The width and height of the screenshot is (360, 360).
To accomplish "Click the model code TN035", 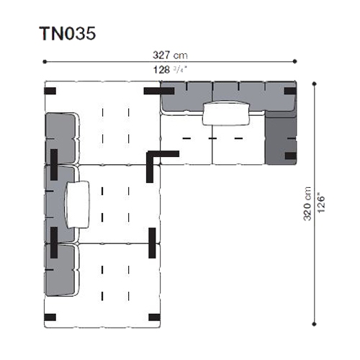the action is coord(68,33).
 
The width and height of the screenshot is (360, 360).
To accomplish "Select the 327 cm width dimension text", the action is coord(170,55).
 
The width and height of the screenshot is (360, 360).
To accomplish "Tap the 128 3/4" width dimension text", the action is coord(170,70).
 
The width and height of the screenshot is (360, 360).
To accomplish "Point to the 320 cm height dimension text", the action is coord(307,204).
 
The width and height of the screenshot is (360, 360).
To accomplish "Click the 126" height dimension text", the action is coord(321,204).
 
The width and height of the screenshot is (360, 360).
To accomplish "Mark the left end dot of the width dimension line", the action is coord(45,62).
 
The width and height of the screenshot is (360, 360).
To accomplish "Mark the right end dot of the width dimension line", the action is coord(295,61).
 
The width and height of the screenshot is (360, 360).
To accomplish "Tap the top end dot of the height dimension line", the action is coord(315,84).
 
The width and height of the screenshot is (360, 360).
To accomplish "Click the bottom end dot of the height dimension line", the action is coord(315,324).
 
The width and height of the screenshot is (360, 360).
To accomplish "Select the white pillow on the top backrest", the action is coord(226,113).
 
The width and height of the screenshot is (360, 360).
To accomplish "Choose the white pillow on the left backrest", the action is coord(78,204).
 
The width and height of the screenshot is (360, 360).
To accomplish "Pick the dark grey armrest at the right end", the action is coord(281,138).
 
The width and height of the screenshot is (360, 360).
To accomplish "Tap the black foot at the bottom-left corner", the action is coord(50,318).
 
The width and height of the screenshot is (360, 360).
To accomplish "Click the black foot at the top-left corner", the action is coord(50,91).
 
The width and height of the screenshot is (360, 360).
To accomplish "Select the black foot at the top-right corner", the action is coord(290,91).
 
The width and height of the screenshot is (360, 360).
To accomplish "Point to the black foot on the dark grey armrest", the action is coord(291,156).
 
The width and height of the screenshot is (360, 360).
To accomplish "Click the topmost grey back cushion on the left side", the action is coord(60,138).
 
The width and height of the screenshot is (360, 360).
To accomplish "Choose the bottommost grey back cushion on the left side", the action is coord(60,270).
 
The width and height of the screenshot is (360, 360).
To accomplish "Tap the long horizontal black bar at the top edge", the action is coord(159,91).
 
